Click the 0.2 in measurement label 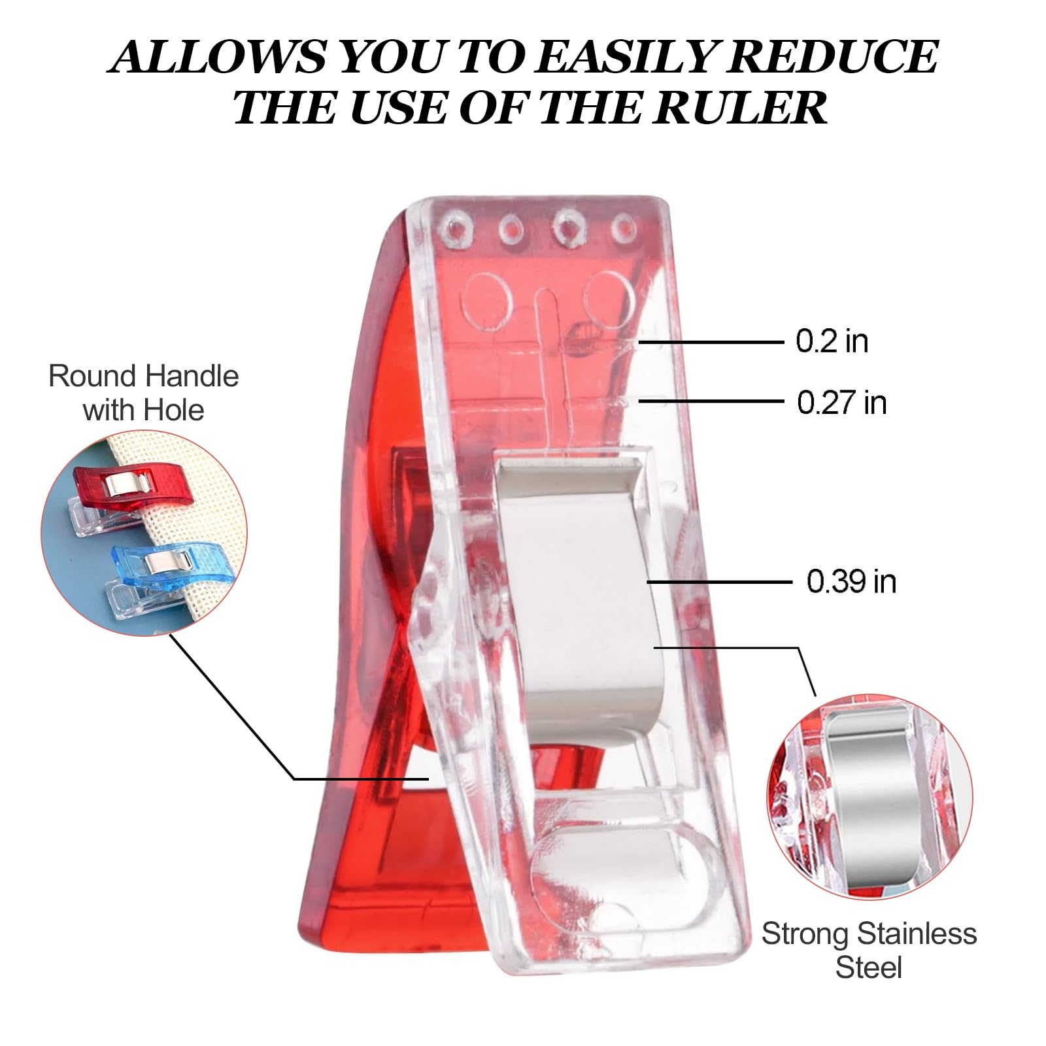(x=832, y=341)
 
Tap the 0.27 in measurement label (x=841, y=402)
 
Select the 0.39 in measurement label (x=851, y=581)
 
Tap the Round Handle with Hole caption (x=143, y=393)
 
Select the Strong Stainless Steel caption (x=869, y=951)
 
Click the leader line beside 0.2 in (x=711, y=342)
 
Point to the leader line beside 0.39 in (x=720, y=581)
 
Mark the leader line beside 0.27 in (x=711, y=401)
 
